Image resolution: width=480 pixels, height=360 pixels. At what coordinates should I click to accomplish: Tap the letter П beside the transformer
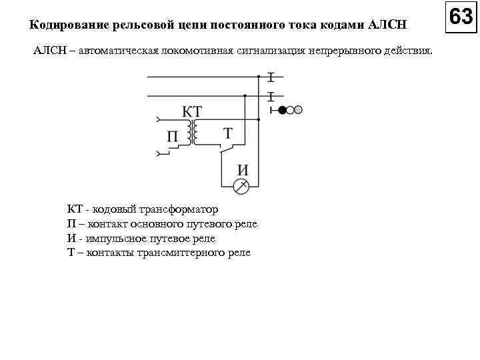point(173,137)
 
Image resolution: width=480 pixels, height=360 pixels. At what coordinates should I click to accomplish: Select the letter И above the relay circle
point(243,169)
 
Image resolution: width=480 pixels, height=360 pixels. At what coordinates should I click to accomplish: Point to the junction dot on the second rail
point(245,96)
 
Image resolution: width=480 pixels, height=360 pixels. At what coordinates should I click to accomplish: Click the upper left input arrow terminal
point(157,121)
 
